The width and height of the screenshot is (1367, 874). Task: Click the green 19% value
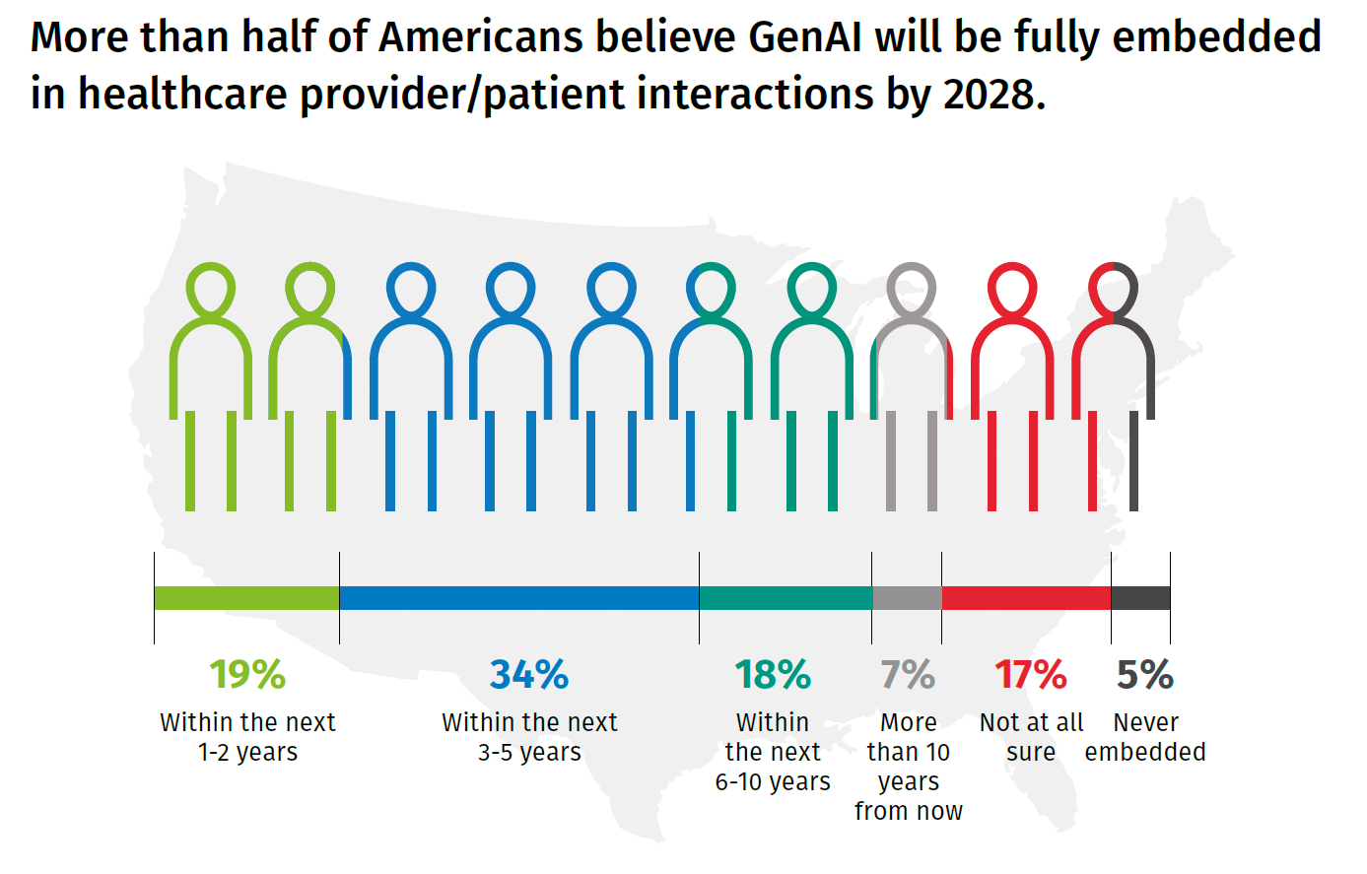[x=247, y=675]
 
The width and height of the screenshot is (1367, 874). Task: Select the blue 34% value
[x=529, y=675]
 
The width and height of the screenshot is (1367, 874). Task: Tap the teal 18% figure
[x=773, y=675]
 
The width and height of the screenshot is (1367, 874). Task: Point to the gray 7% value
[x=908, y=675]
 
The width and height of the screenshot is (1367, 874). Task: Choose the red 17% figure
[x=1031, y=675]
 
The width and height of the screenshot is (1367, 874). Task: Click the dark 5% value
[x=1145, y=675]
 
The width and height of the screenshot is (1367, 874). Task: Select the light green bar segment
[x=246, y=598]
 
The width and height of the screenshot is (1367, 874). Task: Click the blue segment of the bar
[x=519, y=598]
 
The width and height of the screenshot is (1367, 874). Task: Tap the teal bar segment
[x=786, y=598]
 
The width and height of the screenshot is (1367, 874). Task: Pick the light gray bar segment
[x=907, y=598]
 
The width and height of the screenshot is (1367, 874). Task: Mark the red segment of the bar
[x=1026, y=598]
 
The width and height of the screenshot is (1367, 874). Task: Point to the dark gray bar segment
[x=1140, y=598]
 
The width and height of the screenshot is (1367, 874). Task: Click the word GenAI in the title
[x=805, y=37]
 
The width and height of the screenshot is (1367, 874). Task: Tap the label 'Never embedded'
[x=1145, y=737]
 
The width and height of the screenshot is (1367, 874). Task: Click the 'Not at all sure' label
[x=1031, y=737]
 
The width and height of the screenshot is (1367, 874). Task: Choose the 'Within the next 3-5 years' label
[x=529, y=737]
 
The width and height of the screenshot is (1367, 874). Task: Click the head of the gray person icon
[x=911, y=289]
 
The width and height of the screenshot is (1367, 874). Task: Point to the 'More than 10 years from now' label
[x=908, y=767]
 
